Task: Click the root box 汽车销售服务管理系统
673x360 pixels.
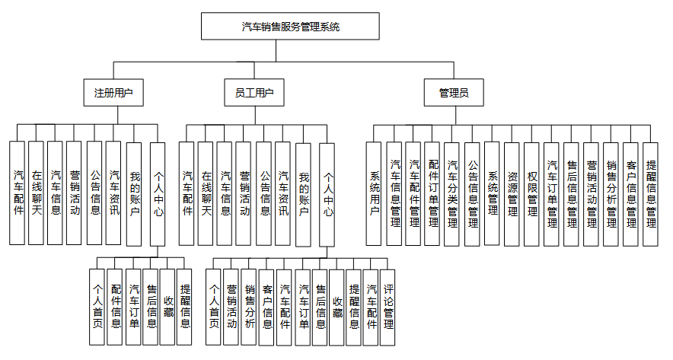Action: coord(290,26)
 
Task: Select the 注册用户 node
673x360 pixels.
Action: coord(113,93)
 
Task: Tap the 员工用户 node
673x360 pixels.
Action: coord(254,93)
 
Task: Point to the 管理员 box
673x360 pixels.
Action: coord(454,93)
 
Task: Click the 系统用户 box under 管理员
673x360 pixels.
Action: coord(375,193)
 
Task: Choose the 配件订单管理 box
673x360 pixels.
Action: coord(434,193)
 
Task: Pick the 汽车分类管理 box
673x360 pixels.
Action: coord(453,193)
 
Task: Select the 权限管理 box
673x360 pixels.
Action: coord(532,193)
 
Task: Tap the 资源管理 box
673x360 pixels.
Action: coord(512,193)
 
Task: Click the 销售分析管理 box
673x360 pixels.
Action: coord(611,193)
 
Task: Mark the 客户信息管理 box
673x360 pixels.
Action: coord(631,193)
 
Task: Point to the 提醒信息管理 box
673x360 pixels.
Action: coord(651,193)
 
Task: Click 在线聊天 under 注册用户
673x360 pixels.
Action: coord(37,193)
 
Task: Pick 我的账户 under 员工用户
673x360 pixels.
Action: coord(303,193)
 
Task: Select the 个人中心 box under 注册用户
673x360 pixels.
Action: coord(158,193)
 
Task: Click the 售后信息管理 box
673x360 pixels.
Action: coord(572,193)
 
